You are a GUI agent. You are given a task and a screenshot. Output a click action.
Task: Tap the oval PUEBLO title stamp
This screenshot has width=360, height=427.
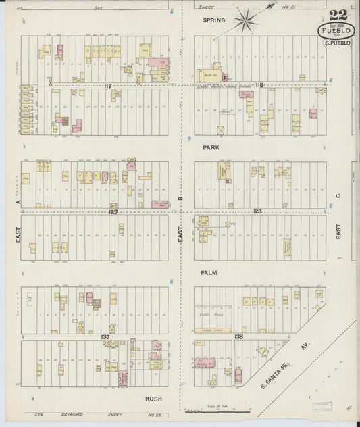tap(336, 31)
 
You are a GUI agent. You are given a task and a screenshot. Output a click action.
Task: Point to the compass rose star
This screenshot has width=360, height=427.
tap(247, 20)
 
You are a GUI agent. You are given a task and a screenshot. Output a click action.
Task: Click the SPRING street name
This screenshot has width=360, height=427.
tap(213, 20)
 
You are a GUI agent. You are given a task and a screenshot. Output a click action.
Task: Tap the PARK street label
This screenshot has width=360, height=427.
tap(211, 146)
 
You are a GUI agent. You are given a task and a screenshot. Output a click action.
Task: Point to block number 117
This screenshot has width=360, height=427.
tap(108, 86)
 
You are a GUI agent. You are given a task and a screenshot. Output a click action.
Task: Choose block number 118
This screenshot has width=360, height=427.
tap(259, 86)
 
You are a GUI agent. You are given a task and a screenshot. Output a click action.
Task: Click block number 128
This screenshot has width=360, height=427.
tap(257, 211)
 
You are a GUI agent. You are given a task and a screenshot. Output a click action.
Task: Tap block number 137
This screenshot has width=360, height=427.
tap(105, 336)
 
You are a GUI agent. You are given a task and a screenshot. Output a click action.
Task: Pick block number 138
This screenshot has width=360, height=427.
tap(238, 336)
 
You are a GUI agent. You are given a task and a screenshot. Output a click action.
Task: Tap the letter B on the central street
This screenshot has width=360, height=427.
tap(180, 198)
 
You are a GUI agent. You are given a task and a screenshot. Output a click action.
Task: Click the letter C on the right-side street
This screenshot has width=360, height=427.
tap(338, 198)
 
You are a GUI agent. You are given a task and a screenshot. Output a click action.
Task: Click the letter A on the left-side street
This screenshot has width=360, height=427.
tap(21, 201)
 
